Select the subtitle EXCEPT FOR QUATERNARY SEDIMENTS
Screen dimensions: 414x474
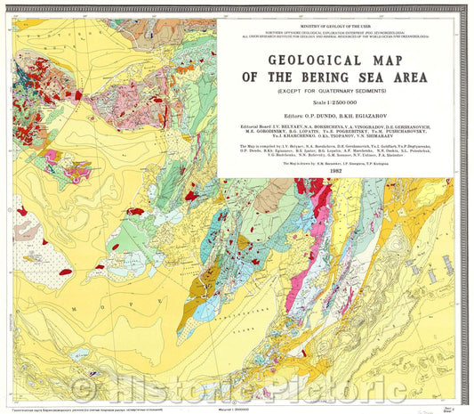point(341,91)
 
